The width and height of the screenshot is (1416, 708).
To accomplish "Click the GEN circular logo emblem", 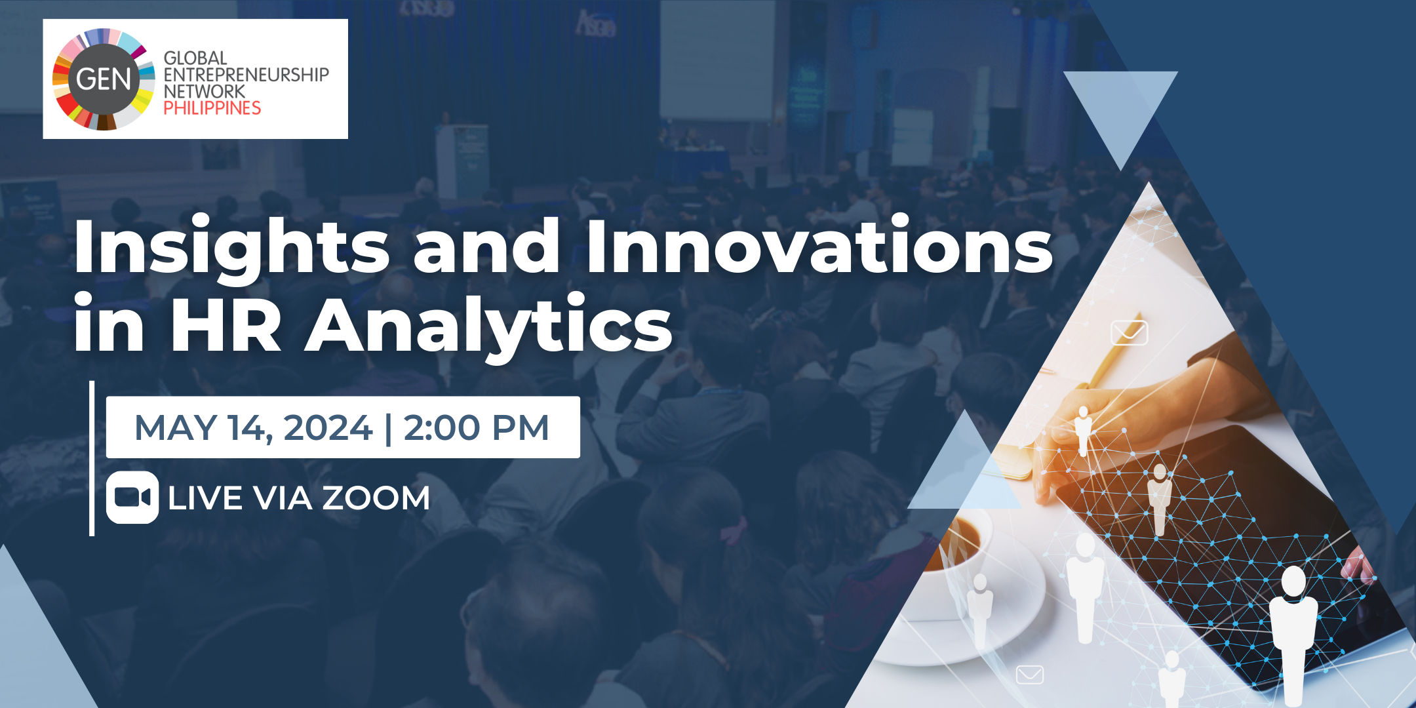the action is pos(104,79).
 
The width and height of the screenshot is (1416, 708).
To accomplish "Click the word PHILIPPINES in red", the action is pos(212,108).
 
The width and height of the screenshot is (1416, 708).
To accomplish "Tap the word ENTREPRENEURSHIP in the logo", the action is pos(246,75).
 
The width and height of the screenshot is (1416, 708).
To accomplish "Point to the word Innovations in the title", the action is pos(819,245).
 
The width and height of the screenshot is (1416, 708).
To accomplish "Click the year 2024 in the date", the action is pos(328,428).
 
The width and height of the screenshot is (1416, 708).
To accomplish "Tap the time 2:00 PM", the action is pos(476,428).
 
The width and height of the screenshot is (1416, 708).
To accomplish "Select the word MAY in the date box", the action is pos(175,428).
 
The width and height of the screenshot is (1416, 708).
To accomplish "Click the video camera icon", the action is pos(132,498).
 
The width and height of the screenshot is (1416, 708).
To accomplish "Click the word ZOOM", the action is pos(376,498).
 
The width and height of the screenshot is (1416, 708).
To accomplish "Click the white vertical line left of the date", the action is pos(92,458).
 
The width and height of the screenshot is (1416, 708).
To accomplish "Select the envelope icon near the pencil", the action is pos(1130,333).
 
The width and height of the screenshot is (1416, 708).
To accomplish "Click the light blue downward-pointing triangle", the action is pos(1120,111).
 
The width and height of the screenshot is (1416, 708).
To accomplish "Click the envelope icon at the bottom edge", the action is pos(1029,674).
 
